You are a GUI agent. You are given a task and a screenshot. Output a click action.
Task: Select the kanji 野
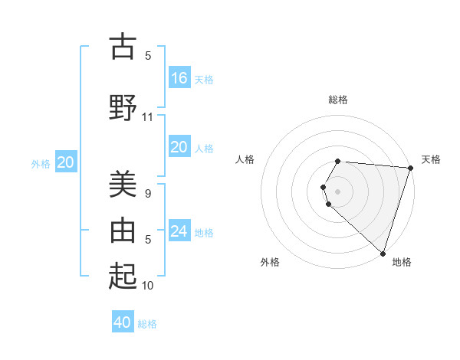[123, 106]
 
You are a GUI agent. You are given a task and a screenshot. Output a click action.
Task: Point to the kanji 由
[123, 229]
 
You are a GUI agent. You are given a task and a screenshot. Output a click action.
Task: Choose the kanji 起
[123, 275]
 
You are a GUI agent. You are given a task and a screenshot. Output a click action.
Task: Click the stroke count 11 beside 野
[148, 117]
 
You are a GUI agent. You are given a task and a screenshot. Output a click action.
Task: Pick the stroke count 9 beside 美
[148, 194]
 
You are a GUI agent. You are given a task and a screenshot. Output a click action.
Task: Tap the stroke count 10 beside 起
[148, 286]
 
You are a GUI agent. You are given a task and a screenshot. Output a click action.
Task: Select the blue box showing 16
[179, 77]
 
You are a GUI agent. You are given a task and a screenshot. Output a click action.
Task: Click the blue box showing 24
[179, 231]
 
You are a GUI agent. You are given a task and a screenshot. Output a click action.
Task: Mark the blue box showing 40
[123, 322]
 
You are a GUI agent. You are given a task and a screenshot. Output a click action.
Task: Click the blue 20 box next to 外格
[66, 162]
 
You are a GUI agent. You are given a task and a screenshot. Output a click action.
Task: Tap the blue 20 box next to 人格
[179, 147]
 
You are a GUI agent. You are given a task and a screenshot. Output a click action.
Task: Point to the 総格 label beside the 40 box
[147, 324]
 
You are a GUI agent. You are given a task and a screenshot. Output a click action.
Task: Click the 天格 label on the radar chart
[431, 159]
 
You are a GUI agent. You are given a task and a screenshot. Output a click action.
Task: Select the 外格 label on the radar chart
[270, 262]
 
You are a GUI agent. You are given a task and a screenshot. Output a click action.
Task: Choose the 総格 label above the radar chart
[338, 100]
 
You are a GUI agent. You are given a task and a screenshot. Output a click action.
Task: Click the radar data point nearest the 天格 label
[410, 168]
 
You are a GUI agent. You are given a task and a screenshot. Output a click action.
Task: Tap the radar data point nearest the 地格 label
[383, 253]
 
